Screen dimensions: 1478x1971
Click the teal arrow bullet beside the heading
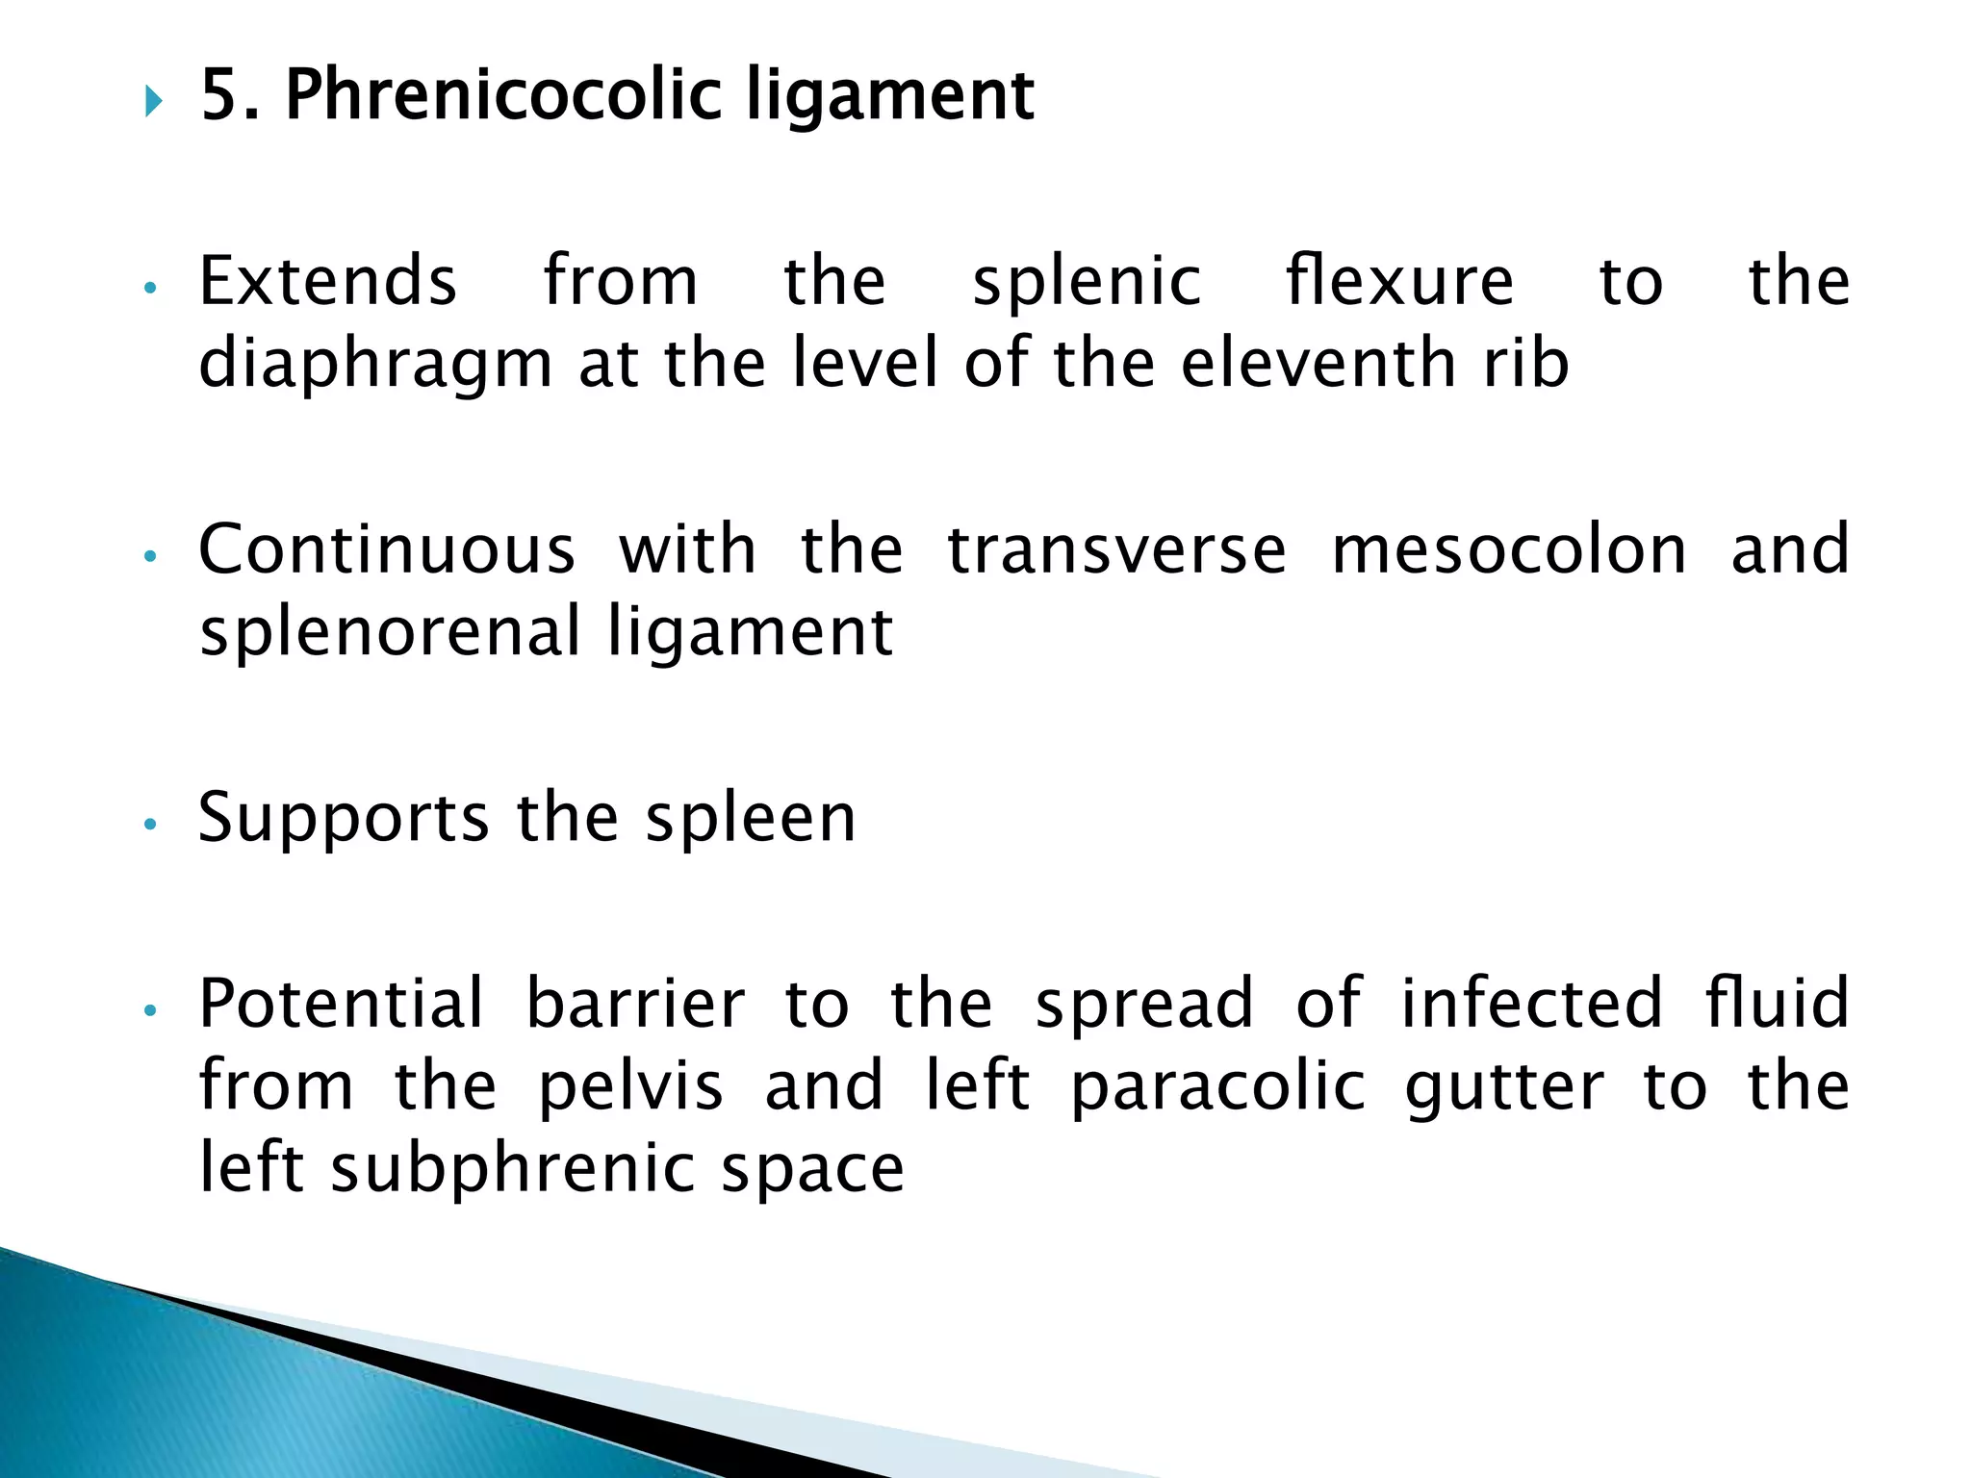(154, 100)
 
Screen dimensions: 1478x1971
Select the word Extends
(327, 281)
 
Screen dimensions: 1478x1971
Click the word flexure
(1399, 281)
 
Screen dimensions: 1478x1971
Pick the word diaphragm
(375, 366)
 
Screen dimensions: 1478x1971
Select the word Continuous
(387, 549)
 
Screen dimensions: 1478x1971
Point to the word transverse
(1116, 549)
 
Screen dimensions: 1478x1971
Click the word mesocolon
(1509, 549)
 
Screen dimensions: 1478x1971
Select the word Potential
(341, 1004)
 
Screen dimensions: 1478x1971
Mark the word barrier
(635, 1004)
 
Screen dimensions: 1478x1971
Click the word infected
(1531, 1004)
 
